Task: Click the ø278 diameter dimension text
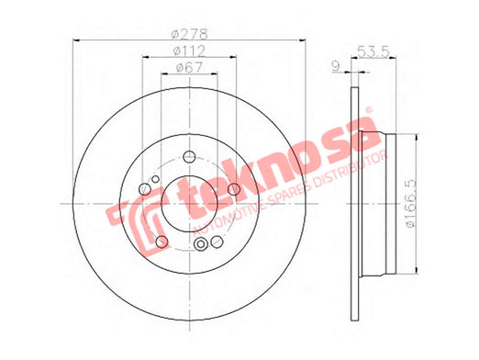(x=190, y=34)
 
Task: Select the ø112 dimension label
(x=189, y=51)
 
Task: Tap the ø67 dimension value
(x=190, y=67)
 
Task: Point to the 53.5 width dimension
(x=373, y=51)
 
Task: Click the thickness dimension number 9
(x=336, y=66)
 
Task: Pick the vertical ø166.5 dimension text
(x=411, y=203)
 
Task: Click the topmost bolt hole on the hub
(x=189, y=157)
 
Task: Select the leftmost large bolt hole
(x=145, y=189)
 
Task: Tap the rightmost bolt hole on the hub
(x=234, y=189)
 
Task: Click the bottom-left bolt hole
(x=162, y=242)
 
